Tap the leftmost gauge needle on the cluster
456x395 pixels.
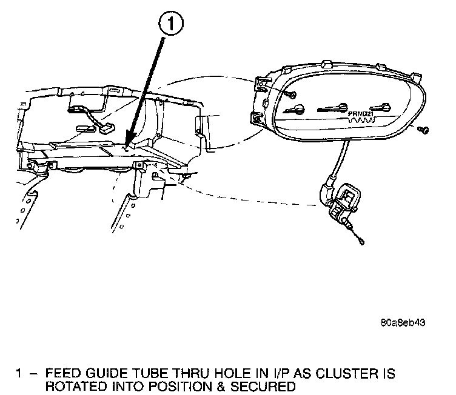coord(298,110)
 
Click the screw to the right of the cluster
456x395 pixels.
coord(424,130)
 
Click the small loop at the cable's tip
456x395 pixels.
coord(361,243)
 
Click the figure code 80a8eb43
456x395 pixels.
coord(403,322)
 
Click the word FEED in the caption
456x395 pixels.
coord(63,374)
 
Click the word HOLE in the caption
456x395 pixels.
coord(216,374)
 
